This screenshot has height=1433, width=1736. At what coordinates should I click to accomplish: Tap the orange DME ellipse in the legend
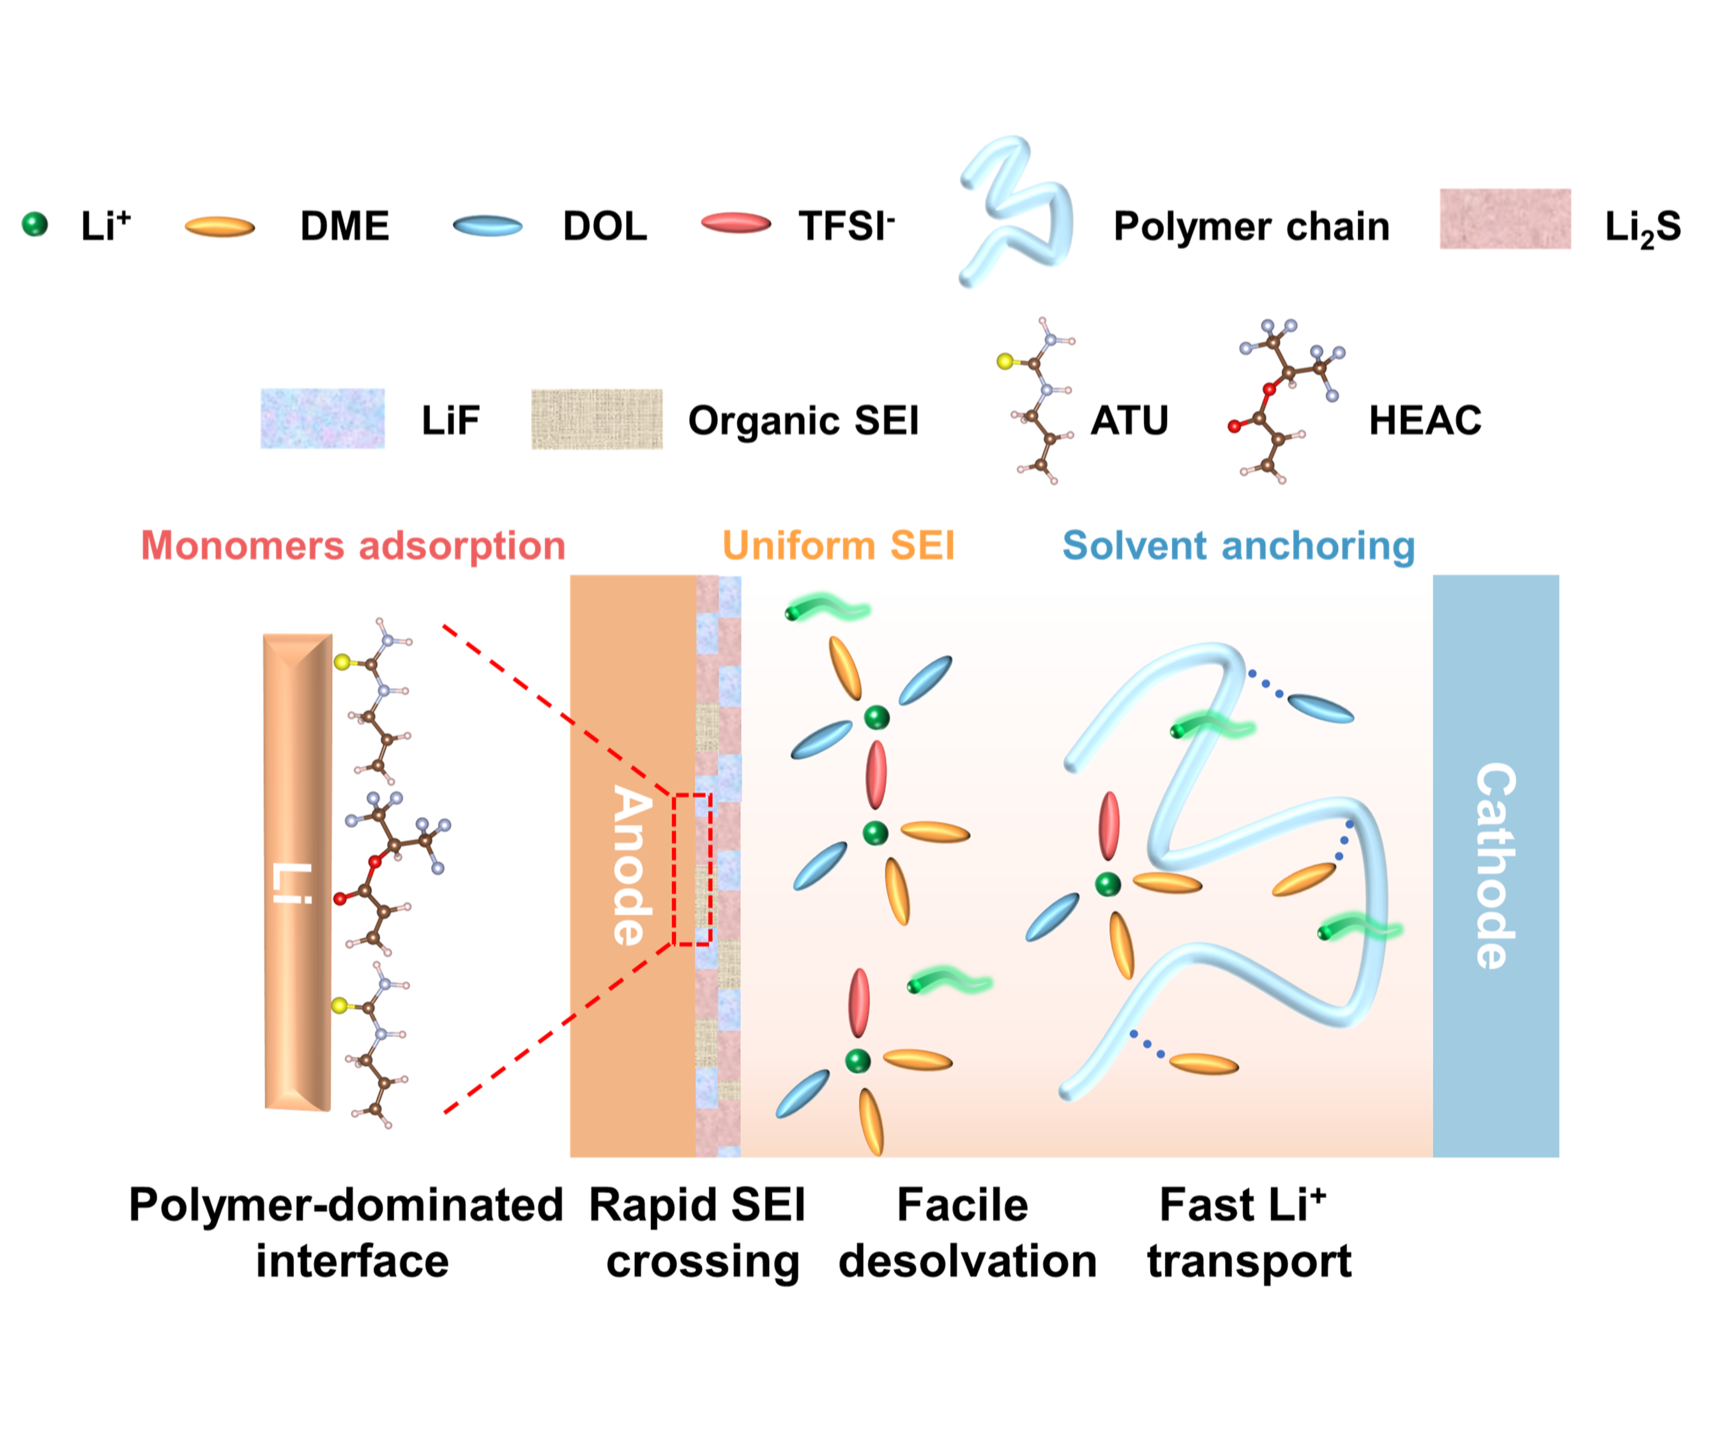point(219,226)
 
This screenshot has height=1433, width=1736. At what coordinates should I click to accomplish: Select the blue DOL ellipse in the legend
point(487,225)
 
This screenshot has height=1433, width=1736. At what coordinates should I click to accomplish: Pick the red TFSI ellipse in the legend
point(735,223)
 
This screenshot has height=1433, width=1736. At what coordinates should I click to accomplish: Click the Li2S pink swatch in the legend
point(1504,219)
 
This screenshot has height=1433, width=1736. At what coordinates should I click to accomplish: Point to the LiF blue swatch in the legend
point(322,419)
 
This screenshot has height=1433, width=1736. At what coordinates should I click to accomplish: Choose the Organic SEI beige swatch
point(597,419)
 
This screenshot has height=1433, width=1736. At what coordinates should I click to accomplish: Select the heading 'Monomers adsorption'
point(353,546)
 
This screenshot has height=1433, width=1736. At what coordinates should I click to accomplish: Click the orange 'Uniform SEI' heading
point(838,546)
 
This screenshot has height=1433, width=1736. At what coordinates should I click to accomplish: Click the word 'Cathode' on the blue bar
point(1495,864)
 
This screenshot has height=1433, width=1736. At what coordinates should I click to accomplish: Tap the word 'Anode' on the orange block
point(632,864)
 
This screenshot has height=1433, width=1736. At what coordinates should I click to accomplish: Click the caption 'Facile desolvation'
point(966,1233)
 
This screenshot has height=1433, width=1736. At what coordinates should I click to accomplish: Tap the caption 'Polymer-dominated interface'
point(347,1233)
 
